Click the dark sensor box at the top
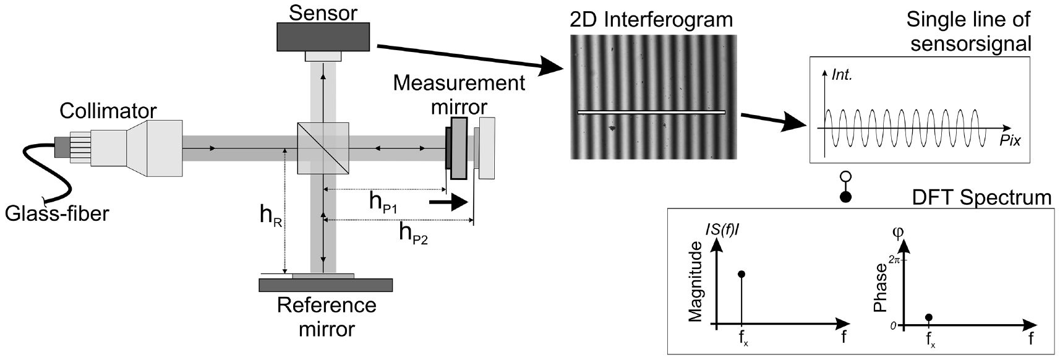coord(323,37)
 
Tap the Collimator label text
coord(108,111)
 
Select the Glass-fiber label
coord(57,214)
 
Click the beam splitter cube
coord(323,148)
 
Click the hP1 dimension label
coord(387,203)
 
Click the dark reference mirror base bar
coord(325,285)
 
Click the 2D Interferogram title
coord(651,20)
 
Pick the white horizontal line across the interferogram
coord(651,113)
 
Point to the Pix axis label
coord(1010,142)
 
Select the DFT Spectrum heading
coord(981,198)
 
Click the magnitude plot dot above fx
coord(742,274)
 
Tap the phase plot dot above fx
coord(928,317)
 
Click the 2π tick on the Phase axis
coord(895,260)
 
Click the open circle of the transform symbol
coord(846,178)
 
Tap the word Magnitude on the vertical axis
coord(695,282)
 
